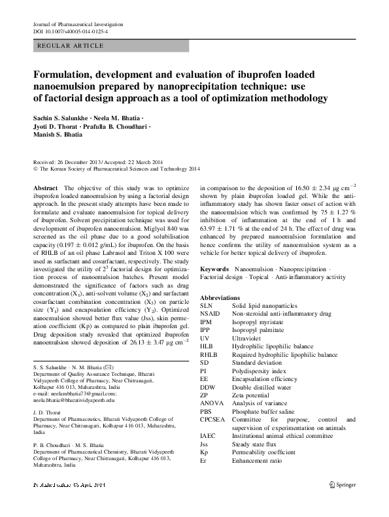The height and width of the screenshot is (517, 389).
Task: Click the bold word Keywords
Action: pos(214,269)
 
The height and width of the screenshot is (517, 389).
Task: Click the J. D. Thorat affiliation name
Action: pos(46,403)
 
